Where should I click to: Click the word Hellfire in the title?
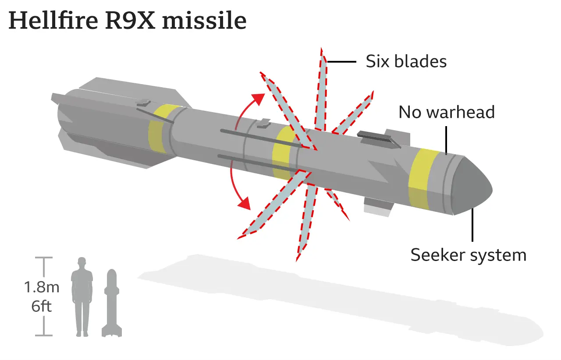coord(53,20)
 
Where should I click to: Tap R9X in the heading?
coord(130,21)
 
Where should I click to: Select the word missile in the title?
coord(204,20)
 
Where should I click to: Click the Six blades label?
coord(406,61)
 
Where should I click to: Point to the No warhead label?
coord(447,112)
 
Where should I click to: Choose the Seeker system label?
coord(469,255)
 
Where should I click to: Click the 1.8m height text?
coord(42,287)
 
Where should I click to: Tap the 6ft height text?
coord(41,306)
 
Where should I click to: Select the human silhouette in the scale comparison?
coord(82,297)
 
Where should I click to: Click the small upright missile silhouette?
coord(112,303)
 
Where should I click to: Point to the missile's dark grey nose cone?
coord(471,186)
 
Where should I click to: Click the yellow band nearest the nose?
coord(423,179)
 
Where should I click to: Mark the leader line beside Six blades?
coord(341,62)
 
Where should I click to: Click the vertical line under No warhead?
coord(446,141)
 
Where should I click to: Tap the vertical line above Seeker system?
coord(472,225)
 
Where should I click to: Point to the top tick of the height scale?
coord(44,258)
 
